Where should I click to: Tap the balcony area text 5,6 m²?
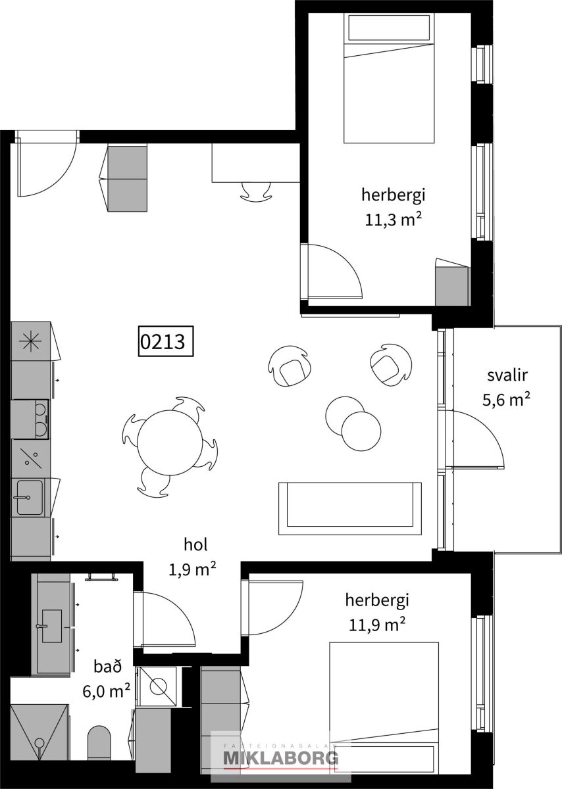coord(506,400)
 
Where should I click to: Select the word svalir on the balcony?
coord(507,375)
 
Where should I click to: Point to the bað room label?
coord(107,667)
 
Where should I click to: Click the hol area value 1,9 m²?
coord(193,569)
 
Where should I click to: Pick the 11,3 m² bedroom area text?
coord(394,220)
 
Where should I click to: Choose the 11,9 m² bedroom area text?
coord(377,625)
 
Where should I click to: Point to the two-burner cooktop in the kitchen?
coord(40,419)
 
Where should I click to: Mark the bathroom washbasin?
coord(51,626)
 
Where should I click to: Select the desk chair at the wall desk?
coord(256,191)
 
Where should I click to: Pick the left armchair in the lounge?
coord(290,366)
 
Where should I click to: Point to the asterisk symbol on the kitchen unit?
coord(30,341)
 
